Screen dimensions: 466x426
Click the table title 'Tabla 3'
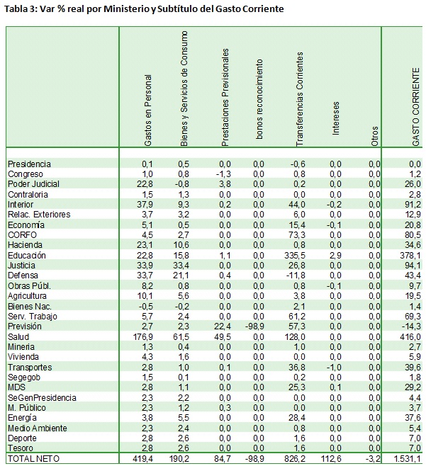click(22, 8)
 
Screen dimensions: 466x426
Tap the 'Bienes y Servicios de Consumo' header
click(185, 89)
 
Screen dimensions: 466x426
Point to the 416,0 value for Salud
click(412, 336)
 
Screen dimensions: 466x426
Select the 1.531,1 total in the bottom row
click(407, 458)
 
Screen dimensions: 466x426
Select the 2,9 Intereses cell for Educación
click(335, 255)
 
